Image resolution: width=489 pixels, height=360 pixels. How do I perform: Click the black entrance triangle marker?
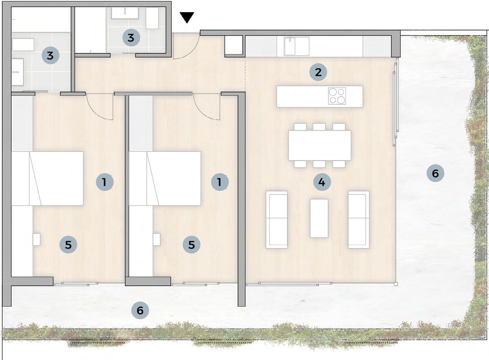click(x=187, y=17)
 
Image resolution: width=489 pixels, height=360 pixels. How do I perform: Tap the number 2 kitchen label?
click(x=318, y=72)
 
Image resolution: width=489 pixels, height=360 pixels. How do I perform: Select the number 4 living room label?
click(x=322, y=182)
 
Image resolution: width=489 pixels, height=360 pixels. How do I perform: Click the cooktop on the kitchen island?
click(x=337, y=96)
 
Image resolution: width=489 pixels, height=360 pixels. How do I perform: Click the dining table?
click(x=320, y=145)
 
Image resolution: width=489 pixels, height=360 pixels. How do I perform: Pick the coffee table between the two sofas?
click(x=319, y=218)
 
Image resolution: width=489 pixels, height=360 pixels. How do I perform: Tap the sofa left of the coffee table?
click(x=277, y=220)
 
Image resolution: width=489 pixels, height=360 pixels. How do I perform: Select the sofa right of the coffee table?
click(x=359, y=220)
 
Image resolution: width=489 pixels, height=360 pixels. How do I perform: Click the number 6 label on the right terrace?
click(x=436, y=173)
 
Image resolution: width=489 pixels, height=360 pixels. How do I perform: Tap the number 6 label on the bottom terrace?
click(x=140, y=310)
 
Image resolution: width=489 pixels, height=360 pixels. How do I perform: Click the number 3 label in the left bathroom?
click(x=50, y=56)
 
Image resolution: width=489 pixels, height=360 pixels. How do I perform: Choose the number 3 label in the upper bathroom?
click(x=131, y=38)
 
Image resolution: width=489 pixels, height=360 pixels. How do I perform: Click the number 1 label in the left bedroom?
click(x=105, y=182)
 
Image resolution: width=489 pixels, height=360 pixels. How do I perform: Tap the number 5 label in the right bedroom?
click(x=192, y=245)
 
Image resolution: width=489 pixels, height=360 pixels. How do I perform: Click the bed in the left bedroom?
click(x=48, y=178)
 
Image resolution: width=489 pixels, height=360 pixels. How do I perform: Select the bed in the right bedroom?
click(x=165, y=178)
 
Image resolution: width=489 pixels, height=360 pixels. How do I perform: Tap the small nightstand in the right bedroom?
click(x=157, y=240)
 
